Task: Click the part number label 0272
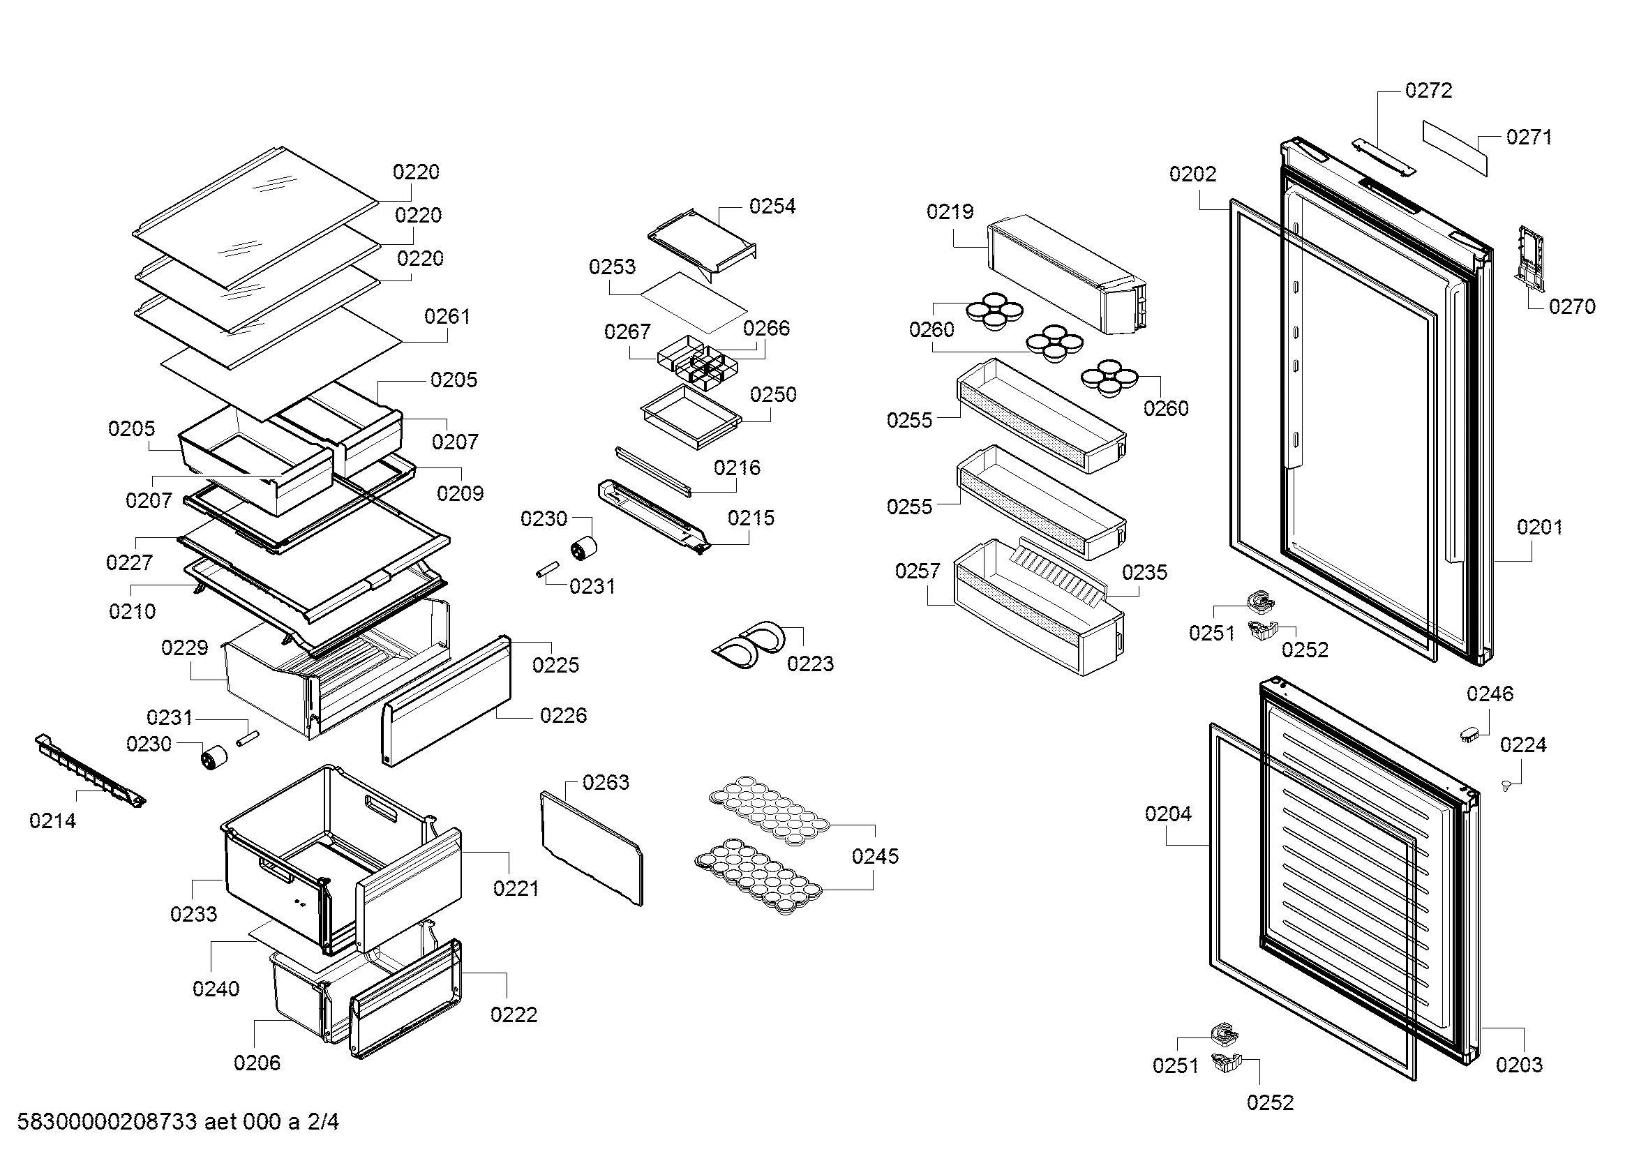(x=1428, y=91)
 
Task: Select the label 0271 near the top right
(x=1528, y=137)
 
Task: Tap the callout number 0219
(x=950, y=212)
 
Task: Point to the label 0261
(x=447, y=316)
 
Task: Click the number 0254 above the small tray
(x=772, y=207)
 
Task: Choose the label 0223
(x=809, y=664)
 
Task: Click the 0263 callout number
(x=606, y=782)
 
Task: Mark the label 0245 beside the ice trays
(x=875, y=856)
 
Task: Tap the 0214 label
(x=52, y=820)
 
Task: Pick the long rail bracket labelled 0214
(x=90, y=772)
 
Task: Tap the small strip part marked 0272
(x=1382, y=156)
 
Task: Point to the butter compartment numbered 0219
(x=1066, y=273)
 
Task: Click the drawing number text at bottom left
(x=178, y=1122)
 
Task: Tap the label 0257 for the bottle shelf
(x=917, y=571)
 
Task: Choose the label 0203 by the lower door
(x=1518, y=1065)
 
